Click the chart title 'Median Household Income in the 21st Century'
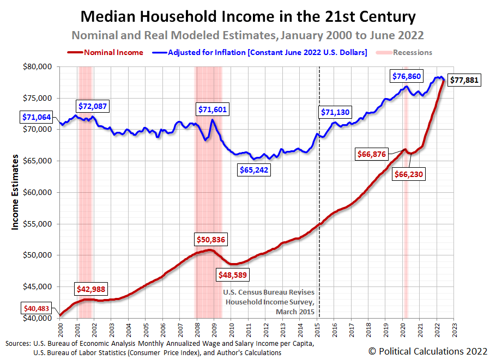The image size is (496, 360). coord(248,16)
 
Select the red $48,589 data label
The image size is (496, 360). coord(233,275)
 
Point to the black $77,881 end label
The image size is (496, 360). coord(466,80)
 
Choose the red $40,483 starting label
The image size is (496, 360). coord(39,308)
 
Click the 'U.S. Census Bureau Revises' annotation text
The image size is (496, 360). coord(269,292)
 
